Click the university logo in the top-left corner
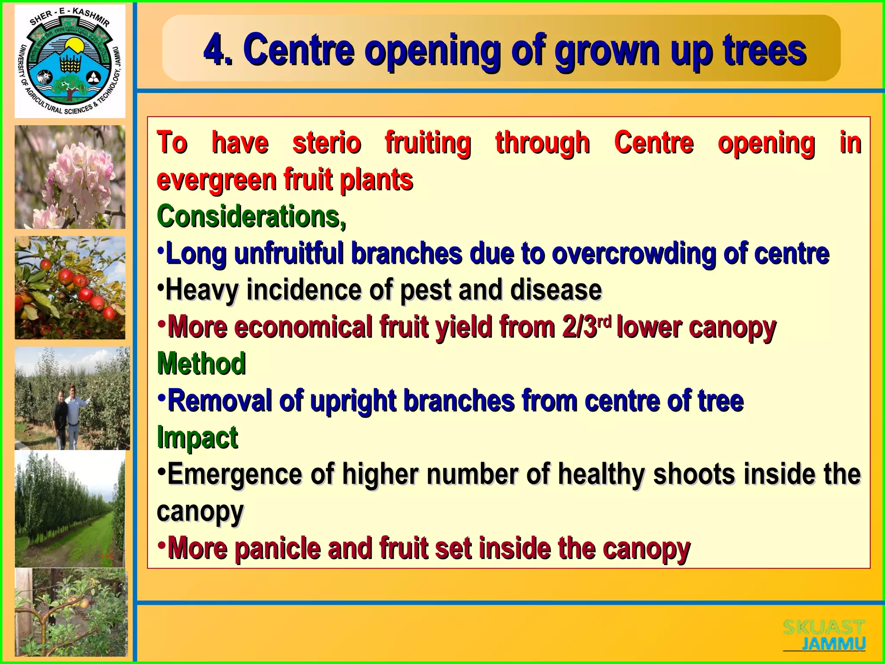[x=70, y=61]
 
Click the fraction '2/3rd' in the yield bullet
[x=587, y=326]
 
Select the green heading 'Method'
[x=201, y=363]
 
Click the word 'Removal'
[x=220, y=400]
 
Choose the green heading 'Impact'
[x=197, y=437]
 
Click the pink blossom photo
[x=70, y=177]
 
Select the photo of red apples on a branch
[x=70, y=287]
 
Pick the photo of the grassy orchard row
[x=70, y=509]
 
